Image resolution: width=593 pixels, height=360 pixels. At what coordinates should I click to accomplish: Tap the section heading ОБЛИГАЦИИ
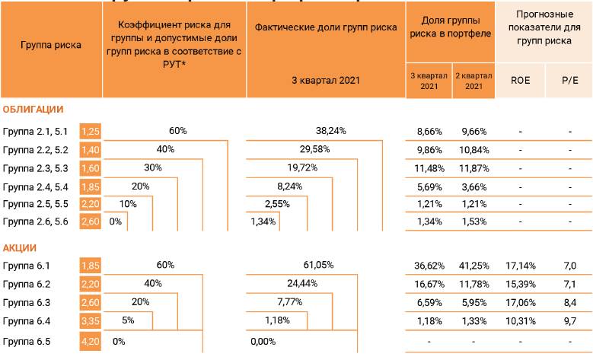(x=33, y=110)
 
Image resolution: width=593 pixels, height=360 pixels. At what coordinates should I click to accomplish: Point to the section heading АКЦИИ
(x=20, y=248)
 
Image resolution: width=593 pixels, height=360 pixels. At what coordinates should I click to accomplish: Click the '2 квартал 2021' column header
(x=473, y=81)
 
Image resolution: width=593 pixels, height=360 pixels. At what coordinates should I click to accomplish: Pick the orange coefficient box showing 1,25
(x=91, y=131)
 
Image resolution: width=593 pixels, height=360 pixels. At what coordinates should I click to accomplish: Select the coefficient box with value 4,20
(x=91, y=342)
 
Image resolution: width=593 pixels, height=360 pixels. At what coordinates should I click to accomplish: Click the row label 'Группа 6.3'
(x=27, y=302)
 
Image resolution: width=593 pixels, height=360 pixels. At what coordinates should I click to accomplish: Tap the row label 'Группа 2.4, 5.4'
(x=36, y=186)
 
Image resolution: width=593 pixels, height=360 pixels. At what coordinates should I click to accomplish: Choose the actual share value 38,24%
(x=330, y=131)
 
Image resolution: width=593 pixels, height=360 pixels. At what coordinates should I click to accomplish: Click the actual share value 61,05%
(x=318, y=265)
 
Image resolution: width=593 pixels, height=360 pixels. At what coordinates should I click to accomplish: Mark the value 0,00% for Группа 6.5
(x=263, y=342)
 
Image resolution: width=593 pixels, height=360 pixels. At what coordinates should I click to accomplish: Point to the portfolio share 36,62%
(x=429, y=266)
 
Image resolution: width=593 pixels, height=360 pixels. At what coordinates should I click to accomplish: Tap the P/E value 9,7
(x=569, y=320)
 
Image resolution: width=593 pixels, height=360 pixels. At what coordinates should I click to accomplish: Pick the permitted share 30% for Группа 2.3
(x=152, y=167)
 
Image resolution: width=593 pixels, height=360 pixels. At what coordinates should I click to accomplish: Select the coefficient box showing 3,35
(x=91, y=320)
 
